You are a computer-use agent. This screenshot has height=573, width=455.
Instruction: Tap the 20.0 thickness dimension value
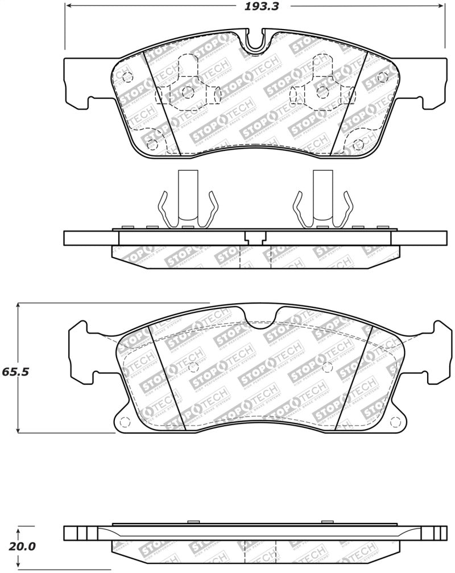click(x=21, y=547)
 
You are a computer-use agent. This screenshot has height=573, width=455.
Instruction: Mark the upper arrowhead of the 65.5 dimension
click(x=19, y=306)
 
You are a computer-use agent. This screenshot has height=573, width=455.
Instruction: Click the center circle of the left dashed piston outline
click(x=188, y=92)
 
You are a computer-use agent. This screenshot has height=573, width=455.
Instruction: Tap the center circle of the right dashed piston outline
click(x=322, y=92)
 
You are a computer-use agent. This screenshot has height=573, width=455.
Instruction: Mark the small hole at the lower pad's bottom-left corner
click(x=126, y=422)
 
